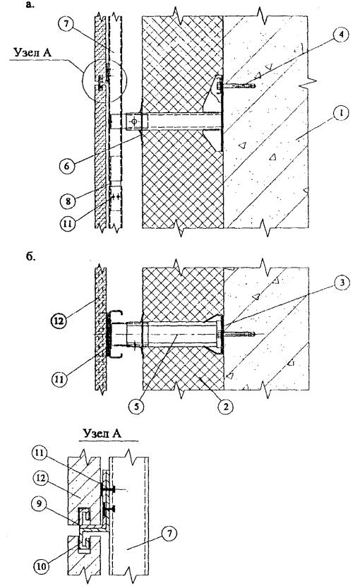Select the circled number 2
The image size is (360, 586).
point(225,406)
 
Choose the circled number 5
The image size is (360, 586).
point(136,406)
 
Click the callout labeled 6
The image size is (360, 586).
point(67,165)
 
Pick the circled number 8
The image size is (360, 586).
point(68,201)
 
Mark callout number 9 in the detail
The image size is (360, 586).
point(39,504)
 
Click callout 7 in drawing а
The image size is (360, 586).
point(66,25)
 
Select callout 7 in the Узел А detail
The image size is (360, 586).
point(169,534)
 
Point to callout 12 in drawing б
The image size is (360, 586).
point(60,321)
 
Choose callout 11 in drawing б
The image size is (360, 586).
point(60,379)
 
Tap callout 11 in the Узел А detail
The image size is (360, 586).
point(39,453)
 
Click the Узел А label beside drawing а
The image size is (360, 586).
point(32,52)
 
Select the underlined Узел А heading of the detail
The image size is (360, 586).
point(102,433)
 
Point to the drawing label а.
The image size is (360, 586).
point(30,4)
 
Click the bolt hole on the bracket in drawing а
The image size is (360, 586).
point(134,121)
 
